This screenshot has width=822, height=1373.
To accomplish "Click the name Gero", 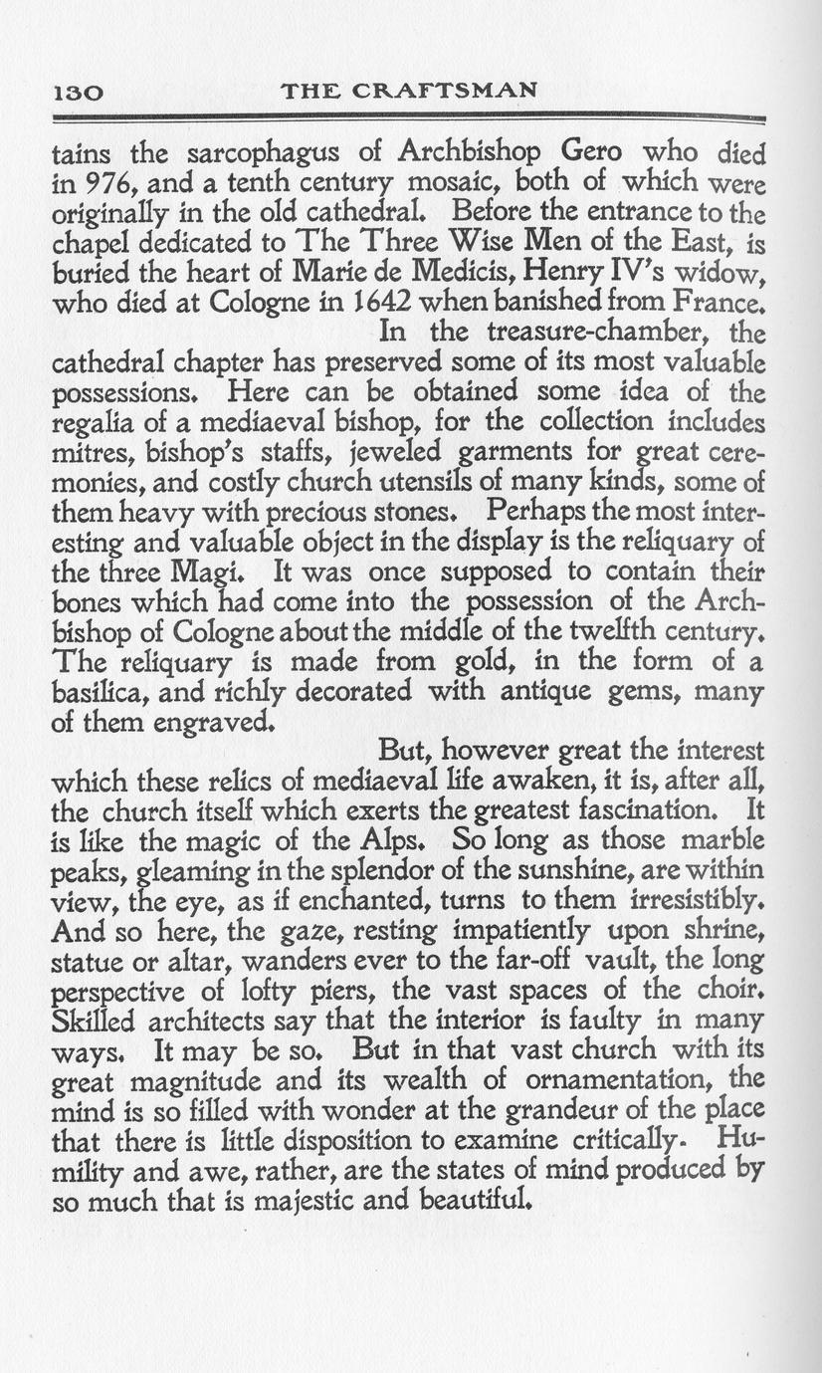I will click(x=595, y=154).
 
